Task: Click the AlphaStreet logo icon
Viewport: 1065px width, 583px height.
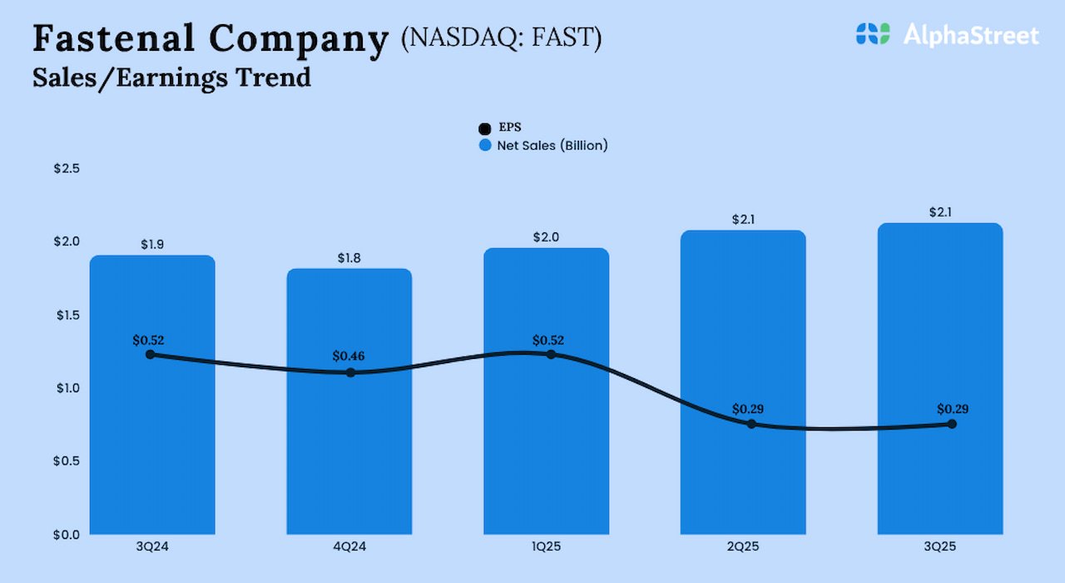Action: point(872,34)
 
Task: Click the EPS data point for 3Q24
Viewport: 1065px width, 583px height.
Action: point(150,354)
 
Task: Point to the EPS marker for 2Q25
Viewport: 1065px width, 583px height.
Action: point(751,424)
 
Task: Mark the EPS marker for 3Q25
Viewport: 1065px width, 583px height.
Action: point(952,424)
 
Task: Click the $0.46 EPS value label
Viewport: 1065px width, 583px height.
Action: point(349,356)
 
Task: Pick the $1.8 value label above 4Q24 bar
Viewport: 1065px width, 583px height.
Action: point(349,257)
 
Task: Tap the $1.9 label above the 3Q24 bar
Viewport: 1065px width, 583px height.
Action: point(152,245)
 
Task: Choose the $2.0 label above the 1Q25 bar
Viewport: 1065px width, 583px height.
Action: point(546,237)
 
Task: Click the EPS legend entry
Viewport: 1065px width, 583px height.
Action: point(500,127)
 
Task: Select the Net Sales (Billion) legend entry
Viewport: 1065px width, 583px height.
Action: point(543,145)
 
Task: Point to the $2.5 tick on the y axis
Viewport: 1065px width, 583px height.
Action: point(67,168)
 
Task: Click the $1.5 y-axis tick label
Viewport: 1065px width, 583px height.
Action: point(67,315)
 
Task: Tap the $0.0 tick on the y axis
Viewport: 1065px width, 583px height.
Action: point(67,534)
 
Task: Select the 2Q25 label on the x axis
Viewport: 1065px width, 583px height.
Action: point(743,546)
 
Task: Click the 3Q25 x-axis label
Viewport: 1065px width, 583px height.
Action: point(939,546)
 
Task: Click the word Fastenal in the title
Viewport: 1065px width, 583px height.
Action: point(114,38)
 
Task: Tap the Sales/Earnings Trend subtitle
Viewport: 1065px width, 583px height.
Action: point(171,77)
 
